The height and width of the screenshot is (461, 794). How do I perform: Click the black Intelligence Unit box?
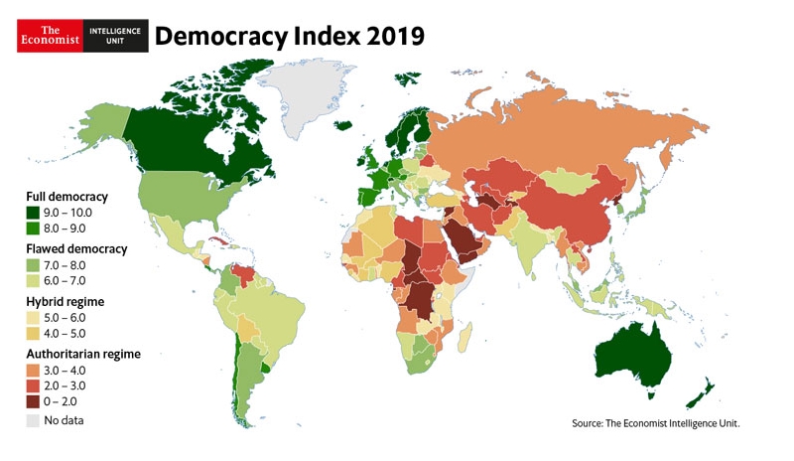pos(115,35)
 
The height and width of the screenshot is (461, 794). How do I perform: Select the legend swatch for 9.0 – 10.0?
pos(33,213)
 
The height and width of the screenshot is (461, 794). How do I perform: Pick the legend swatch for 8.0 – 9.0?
pos(33,229)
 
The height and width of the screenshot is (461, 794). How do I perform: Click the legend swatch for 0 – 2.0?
pos(33,401)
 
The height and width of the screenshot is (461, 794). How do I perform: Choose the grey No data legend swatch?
pos(33,421)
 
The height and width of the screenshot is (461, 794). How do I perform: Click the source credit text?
pos(655,424)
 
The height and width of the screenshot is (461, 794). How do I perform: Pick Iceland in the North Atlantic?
pos(343,126)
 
